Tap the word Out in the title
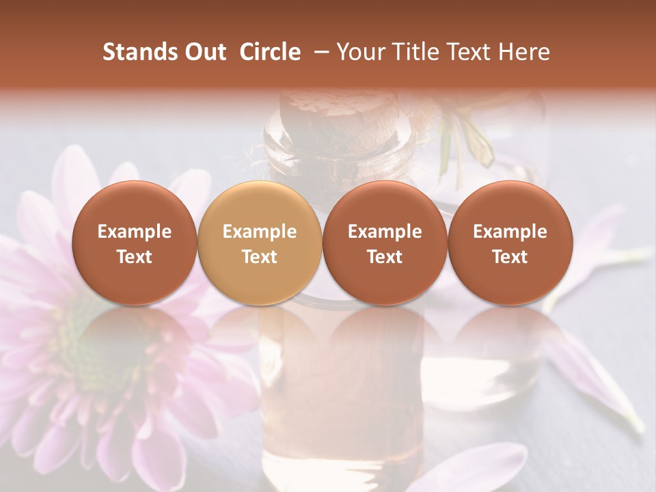click(x=203, y=52)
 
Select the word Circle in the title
click(x=270, y=52)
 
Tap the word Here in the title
click(x=524, y=52)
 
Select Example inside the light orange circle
click(x=259, y=232)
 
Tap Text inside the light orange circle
click(x=259, y=257)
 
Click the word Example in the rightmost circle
click(x=510, y=232)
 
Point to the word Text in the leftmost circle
click(x=134, y=257)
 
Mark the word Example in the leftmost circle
click(x=134, y=232)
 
